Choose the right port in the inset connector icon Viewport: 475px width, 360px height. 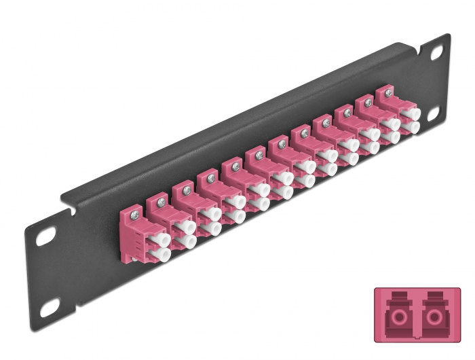[434, 317]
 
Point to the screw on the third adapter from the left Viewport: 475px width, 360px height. [185, 188]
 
